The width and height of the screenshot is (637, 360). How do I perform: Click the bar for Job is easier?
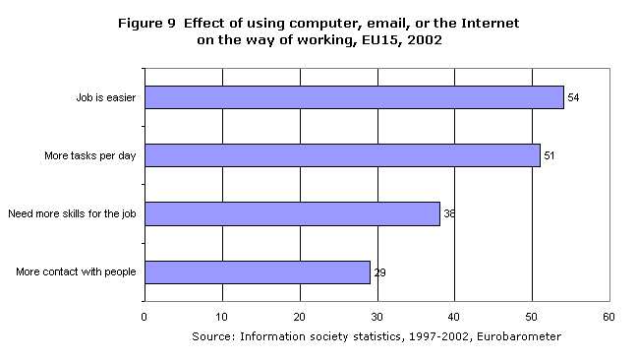[354, 97]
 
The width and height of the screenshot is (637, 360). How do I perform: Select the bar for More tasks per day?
[342, 155]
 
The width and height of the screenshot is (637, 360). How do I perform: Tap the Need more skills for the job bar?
[292, 213]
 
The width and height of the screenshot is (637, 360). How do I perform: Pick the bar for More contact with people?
[258, 271]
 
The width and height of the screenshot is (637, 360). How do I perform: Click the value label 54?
[573, 98]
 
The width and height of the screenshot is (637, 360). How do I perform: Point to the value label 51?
[550, 156]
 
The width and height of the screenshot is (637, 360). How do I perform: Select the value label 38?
[448, 213]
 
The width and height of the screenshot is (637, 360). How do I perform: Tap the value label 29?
[379, 272]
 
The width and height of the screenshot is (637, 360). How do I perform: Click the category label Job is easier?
[106, 98]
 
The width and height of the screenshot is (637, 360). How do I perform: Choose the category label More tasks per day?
[90, 156]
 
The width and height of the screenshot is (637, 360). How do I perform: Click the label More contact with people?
[77, 271]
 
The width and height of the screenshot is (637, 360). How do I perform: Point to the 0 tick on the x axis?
[145, 317]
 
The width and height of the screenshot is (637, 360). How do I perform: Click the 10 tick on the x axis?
[222, 317]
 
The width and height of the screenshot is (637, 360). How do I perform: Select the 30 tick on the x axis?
[376, 317]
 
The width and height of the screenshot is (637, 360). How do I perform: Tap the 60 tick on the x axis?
[608, 317]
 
